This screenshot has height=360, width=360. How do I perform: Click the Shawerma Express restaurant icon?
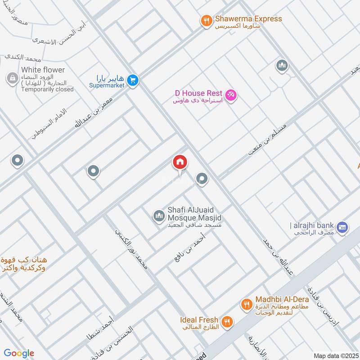[207, 21]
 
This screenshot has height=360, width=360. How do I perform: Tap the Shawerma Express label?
[248, 19]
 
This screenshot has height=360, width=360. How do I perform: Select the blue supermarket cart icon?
[132, 81]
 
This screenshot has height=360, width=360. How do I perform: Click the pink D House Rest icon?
[231, 95]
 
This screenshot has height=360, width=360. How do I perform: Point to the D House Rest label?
[198, 93]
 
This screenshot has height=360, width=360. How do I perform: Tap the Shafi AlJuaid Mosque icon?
[158, 216]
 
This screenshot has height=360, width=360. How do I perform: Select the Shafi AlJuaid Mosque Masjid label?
[194, 213]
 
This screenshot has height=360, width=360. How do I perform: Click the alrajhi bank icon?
[342, 227]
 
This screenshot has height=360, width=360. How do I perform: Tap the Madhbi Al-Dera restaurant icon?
[246, 305]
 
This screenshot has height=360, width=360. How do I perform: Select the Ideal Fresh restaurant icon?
[228, 322]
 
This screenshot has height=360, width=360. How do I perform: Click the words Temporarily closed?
[47, 90]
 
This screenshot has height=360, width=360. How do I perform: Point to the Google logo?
[19, 353]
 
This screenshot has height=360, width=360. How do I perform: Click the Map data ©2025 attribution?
[335, 356]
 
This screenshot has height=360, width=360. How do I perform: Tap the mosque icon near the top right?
[282, 66]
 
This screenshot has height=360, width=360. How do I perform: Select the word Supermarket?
[106, 85]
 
